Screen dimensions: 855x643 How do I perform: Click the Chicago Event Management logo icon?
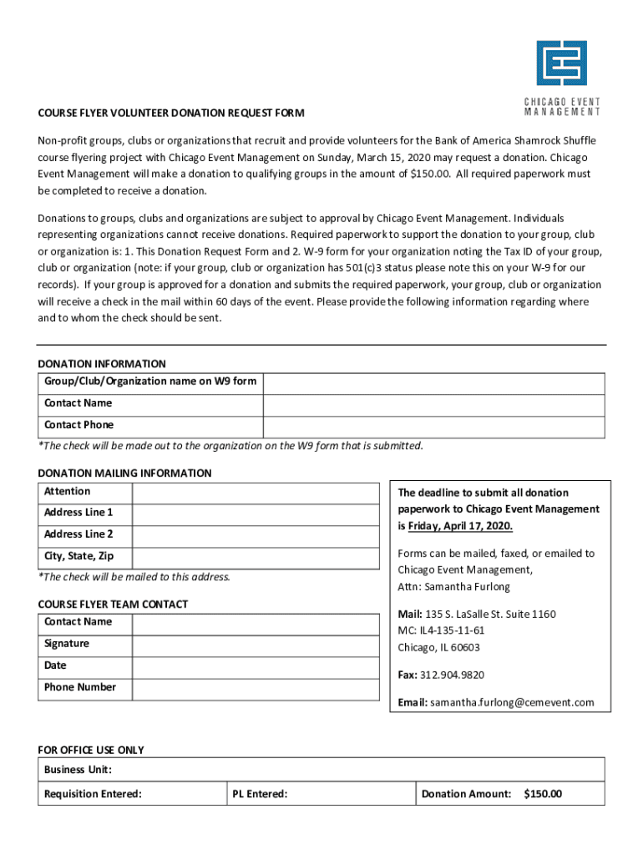561,64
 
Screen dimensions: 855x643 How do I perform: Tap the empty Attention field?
255,493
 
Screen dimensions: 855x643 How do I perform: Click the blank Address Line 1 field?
255,514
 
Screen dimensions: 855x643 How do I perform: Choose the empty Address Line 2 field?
255,536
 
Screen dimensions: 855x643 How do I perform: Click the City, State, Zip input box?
255,558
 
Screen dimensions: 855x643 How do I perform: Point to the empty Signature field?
255,645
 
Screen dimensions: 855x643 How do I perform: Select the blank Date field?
255,667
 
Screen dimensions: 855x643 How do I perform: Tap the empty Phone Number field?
255,689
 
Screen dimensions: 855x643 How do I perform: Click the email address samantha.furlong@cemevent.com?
512,702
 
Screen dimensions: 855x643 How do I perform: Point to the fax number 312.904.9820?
452,675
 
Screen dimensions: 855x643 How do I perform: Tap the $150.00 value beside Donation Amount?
543,794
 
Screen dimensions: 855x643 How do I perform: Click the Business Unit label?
78,769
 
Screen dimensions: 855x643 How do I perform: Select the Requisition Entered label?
93,794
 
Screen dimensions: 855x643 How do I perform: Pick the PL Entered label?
261,794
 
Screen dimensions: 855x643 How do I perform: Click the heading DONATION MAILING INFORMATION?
125,473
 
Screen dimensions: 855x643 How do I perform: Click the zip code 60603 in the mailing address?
463,647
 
